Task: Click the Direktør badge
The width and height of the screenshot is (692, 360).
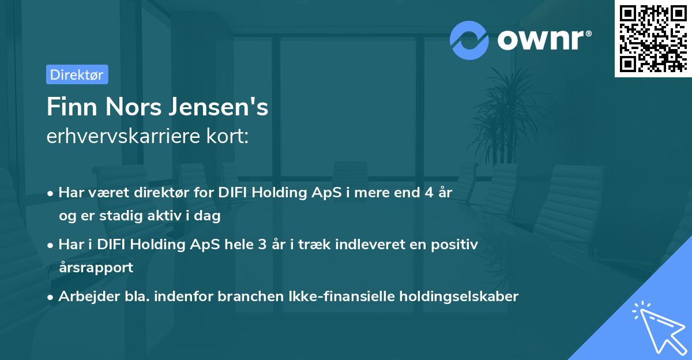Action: tap(77, 74)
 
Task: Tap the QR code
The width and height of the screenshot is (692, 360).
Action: tap(653, 38)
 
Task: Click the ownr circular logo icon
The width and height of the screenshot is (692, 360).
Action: tap(469, 40)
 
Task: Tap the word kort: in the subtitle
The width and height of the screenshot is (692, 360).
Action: tap(230, 136)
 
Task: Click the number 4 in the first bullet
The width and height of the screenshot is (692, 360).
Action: tap(428, 193)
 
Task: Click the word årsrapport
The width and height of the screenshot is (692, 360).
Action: tap(96, 267)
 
